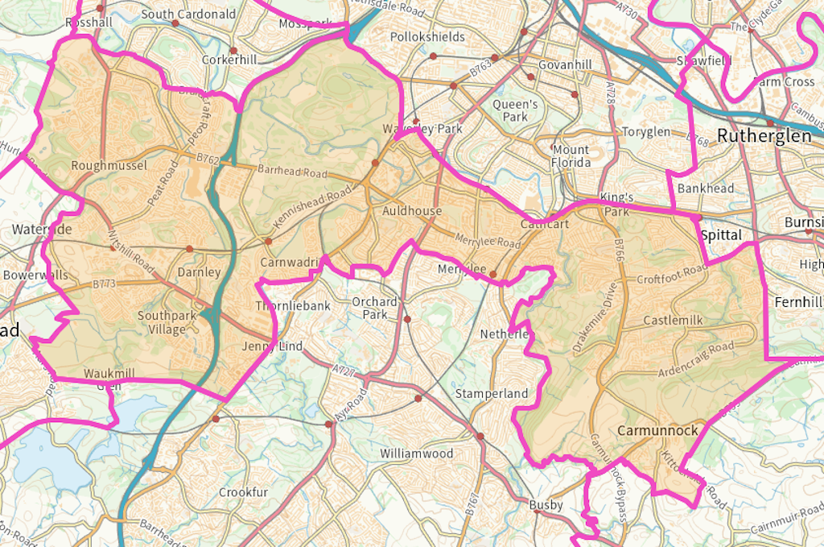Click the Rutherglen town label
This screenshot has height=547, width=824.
point(764,135)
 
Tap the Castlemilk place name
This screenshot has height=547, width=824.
point(673,321)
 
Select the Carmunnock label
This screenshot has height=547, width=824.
point(657,431)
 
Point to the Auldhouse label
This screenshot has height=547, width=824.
point(412,211)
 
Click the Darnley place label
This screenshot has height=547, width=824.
point(199,272)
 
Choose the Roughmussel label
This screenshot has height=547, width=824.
point(109,166)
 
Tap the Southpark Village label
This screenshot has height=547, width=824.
point(167,322)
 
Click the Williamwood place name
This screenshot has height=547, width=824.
point(417,454)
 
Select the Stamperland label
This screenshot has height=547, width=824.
point(491,394)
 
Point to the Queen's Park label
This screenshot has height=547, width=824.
point(515,110)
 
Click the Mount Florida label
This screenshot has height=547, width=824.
point(571,156)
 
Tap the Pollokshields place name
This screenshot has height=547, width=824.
point(427,37)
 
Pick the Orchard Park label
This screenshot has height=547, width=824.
point(375,308)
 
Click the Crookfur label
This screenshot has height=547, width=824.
point(243,492)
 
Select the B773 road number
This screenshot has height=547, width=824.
point(104,284)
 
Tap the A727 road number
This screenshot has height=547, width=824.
point(343,367)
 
